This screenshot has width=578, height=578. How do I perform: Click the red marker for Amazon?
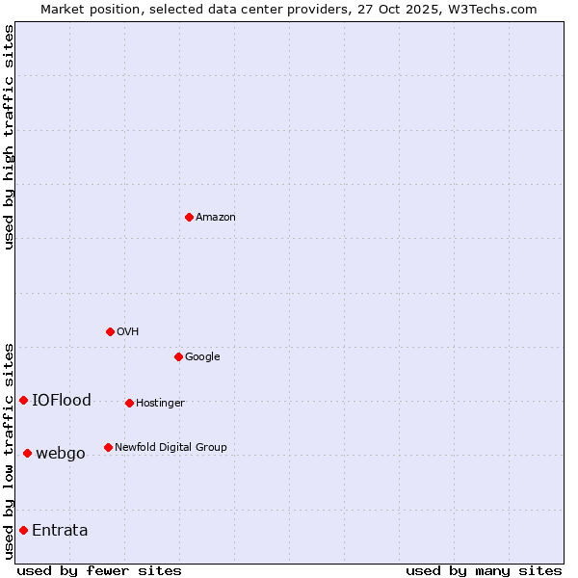click(x=189, y=217)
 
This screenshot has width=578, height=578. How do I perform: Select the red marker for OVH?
click(x=110, y=331)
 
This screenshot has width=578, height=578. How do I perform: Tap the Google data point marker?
click(x=178, y=356)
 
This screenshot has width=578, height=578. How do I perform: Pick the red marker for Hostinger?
click(x=129, y=403)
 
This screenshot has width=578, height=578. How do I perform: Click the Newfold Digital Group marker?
click(x=108, y=447)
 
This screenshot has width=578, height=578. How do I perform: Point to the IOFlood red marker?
click(x=23, y=400)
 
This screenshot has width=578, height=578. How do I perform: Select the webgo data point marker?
click(x=27, y=453)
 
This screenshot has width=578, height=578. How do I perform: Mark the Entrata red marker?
click(x=23, y=530)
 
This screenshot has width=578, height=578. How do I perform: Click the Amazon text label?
click(x=216, y=218)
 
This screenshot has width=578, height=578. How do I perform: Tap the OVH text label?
click(x=128, y=332)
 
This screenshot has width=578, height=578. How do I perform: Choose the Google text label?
click(x=202, y=357)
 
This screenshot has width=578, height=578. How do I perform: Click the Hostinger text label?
click(x=160, y=404)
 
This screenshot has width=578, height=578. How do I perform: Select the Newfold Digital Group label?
click(x=171, y=448)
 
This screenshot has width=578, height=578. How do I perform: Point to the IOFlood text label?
click(x=62, y=401)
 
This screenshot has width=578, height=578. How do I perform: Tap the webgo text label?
click(x=61, y=454)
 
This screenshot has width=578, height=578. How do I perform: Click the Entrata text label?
click(x=60, y=531)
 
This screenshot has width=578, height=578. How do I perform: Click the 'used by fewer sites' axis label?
click(x=99, y=570)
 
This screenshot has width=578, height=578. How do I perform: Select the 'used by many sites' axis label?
click(x=484, y=570)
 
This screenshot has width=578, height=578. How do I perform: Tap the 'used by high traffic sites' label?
click(x=9, y=137)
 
